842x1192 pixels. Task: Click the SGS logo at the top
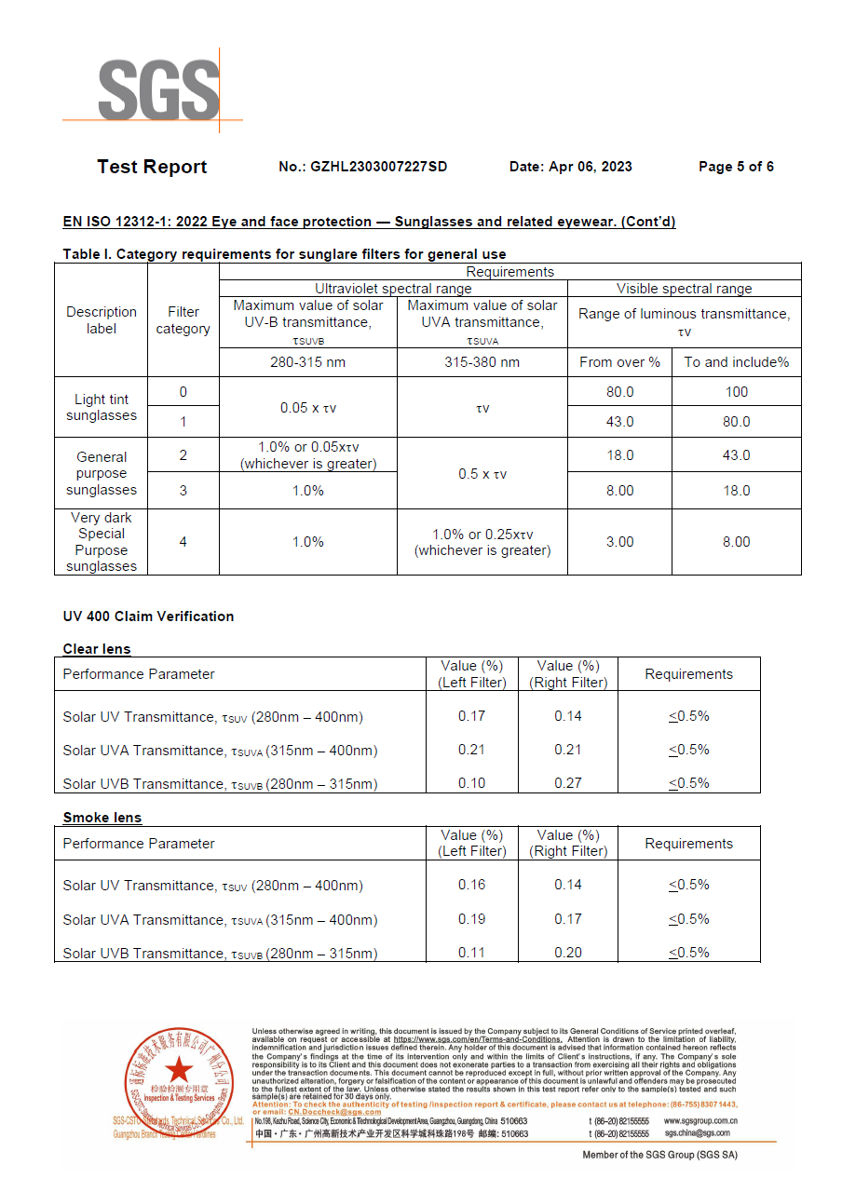click(x=158, y=89)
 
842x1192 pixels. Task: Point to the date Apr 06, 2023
click(x=591, y=167)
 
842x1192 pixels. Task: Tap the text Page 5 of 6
click(x=736, y=167)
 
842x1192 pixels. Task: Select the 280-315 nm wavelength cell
click(x=307, y=362)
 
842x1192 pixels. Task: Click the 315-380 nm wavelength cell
click(x=482, y=362)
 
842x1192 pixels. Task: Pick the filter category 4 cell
click(x=183, y=541)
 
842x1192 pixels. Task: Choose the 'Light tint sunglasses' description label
click(x=102, y=407)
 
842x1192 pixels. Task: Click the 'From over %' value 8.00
click(x=619, y=491)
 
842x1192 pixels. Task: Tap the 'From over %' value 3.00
click(x=619, y=541)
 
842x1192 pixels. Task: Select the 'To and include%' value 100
click(x=736, y=392)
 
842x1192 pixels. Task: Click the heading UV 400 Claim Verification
click(x=148, y=616)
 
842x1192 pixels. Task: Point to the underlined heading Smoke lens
click(x=102, y=818)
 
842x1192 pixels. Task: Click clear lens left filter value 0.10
click(x=472, y=783)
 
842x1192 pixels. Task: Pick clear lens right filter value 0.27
click(x=568, y=783)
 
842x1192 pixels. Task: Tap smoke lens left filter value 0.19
click(x=472, y=919)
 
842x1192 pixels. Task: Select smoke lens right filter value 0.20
click(x=568, y=953)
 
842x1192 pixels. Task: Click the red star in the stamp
click(x=179, y=1069)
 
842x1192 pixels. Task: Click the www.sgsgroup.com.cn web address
click(x=700, y=1121)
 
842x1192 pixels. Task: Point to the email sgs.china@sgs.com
click(x=697, y=1133)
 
